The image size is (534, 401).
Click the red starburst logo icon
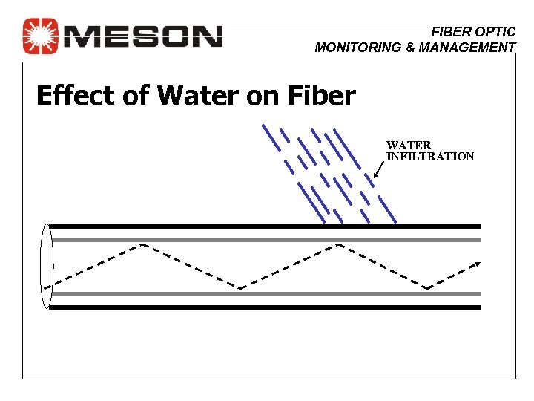click(x=39, y=36)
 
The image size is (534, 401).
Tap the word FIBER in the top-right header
click(x=449, y=32)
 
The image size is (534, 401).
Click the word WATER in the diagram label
click(x=409, y=146)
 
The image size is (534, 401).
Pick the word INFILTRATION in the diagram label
click(x=430, y=157)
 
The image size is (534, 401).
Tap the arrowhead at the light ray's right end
click(x=478, y=263)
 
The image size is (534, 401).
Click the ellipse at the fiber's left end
click(x=47, y=266)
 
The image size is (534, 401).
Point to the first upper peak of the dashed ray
click(x=141, y=244)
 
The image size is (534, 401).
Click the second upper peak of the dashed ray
click(x=337, y=244)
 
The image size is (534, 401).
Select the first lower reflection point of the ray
click(x=240, y=289)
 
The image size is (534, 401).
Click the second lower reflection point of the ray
click(x=428, y=289)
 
